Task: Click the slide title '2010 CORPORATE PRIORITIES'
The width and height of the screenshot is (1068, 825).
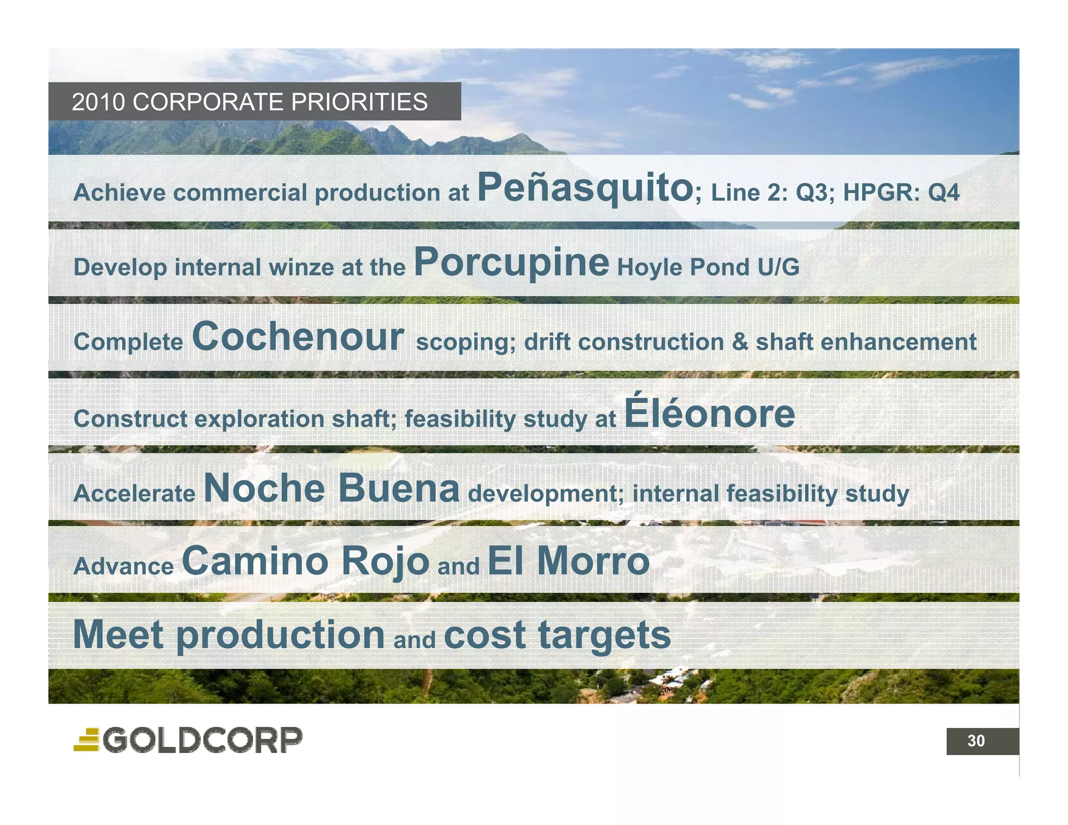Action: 249,102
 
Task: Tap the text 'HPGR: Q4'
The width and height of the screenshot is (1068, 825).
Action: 901,192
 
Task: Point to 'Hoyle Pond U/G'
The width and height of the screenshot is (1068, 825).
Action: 708,268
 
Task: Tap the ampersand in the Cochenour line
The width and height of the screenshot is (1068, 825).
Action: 739,342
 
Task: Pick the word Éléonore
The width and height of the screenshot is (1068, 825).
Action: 709,412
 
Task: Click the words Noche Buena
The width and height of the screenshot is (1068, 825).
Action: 332,489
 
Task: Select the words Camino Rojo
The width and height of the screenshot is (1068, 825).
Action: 305,561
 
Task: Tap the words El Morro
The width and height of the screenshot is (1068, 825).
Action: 568,561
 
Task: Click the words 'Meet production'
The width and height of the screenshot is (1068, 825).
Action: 229,635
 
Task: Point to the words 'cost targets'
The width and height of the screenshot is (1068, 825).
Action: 557,635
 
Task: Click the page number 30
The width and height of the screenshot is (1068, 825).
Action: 976,741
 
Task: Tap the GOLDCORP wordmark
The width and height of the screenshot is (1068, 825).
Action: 202,740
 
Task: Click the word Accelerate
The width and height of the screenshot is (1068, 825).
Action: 134,493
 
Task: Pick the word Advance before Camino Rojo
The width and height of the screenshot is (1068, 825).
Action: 124,566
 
